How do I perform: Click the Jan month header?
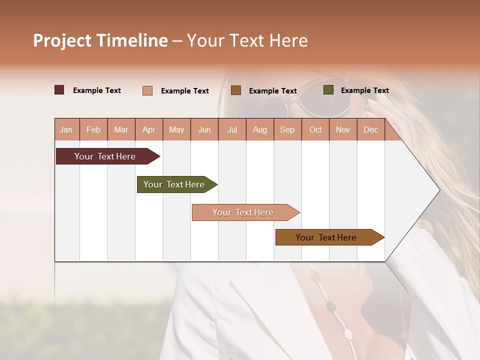click(x=66, y=129)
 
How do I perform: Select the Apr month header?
click(x=148, y=129)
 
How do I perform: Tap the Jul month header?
click(x=232, y=129)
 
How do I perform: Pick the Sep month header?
click(x=287, y=129)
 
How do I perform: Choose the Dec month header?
click(x=370, y=129)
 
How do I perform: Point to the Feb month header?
click(x=93, y=129)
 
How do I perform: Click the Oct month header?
click(x=315, y=129)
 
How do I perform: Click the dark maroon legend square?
click(x=59, y=90)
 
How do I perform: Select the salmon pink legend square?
click(x=147, y=90)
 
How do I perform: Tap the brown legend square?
click(x=236, y=90)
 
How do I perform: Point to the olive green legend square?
click(x=328, y=90)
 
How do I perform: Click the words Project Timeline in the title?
click(x=100, y=40)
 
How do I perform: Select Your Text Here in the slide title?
click(x=247, y=40)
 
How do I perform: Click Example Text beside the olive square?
click(x=364, y=90)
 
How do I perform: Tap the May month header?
click(x=176, y=129)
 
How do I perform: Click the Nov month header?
click(x=343, y=129)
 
